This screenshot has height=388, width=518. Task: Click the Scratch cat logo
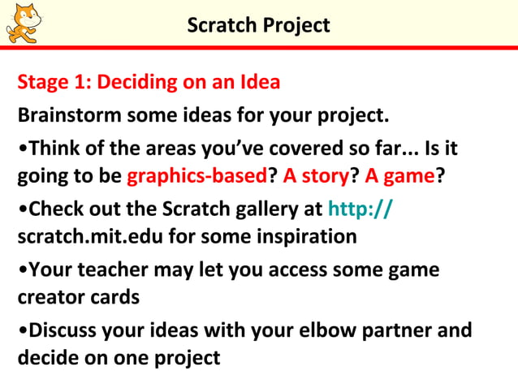pos(23,22)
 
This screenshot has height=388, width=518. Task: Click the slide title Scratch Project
pos(258,25)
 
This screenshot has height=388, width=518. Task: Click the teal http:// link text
pos(360,209)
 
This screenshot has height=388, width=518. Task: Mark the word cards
pos(114,296)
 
